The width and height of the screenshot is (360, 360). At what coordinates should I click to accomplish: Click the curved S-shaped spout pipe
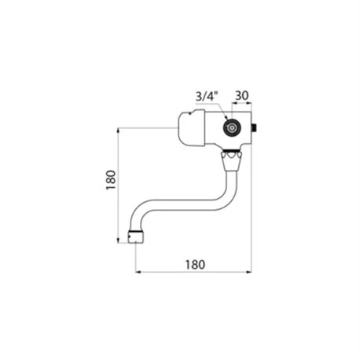[x=189, y=206]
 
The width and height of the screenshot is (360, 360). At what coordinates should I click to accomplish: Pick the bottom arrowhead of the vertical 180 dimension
[x=119, y=238]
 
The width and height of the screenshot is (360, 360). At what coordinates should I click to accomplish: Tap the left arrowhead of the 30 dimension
[x=233, y=105]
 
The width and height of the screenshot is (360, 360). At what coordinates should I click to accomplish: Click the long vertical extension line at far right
[x=252, y=204]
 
